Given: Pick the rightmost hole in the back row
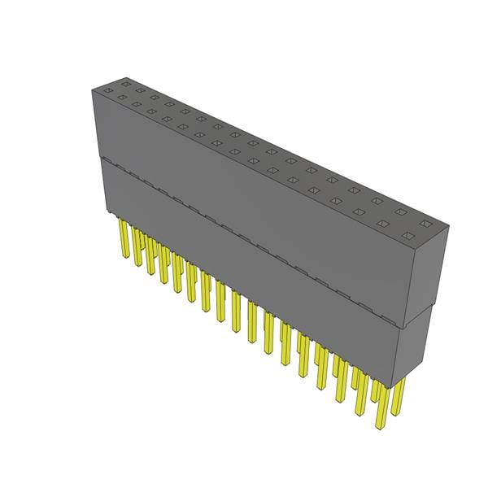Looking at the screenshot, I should click(423, 220).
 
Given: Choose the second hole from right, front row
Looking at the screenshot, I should click(386, 226).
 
